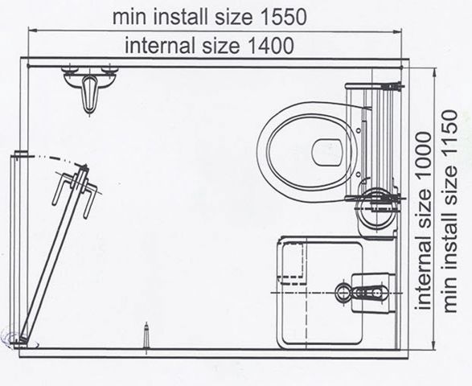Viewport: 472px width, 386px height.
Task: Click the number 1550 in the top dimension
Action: pos(283,17)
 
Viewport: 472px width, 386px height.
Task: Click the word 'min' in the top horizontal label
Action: pos(129,18)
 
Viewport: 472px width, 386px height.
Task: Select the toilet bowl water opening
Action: pos(327,152)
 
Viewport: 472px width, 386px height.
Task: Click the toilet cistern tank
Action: pos(373,142)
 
